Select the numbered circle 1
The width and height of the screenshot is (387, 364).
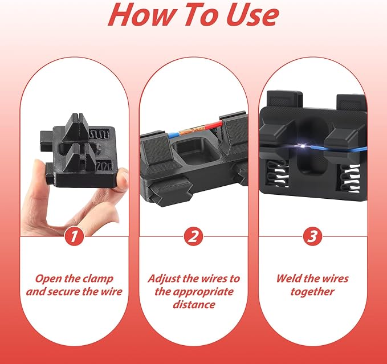74,236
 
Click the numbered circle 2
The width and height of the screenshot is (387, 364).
194,236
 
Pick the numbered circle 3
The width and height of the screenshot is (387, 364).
312,236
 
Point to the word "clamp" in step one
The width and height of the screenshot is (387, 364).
97,279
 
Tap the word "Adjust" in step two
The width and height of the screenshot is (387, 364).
164,279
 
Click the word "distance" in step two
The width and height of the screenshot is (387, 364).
194,305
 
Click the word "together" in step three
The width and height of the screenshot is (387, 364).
312,292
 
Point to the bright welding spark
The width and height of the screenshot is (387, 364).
303,145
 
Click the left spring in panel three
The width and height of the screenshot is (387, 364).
277,173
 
